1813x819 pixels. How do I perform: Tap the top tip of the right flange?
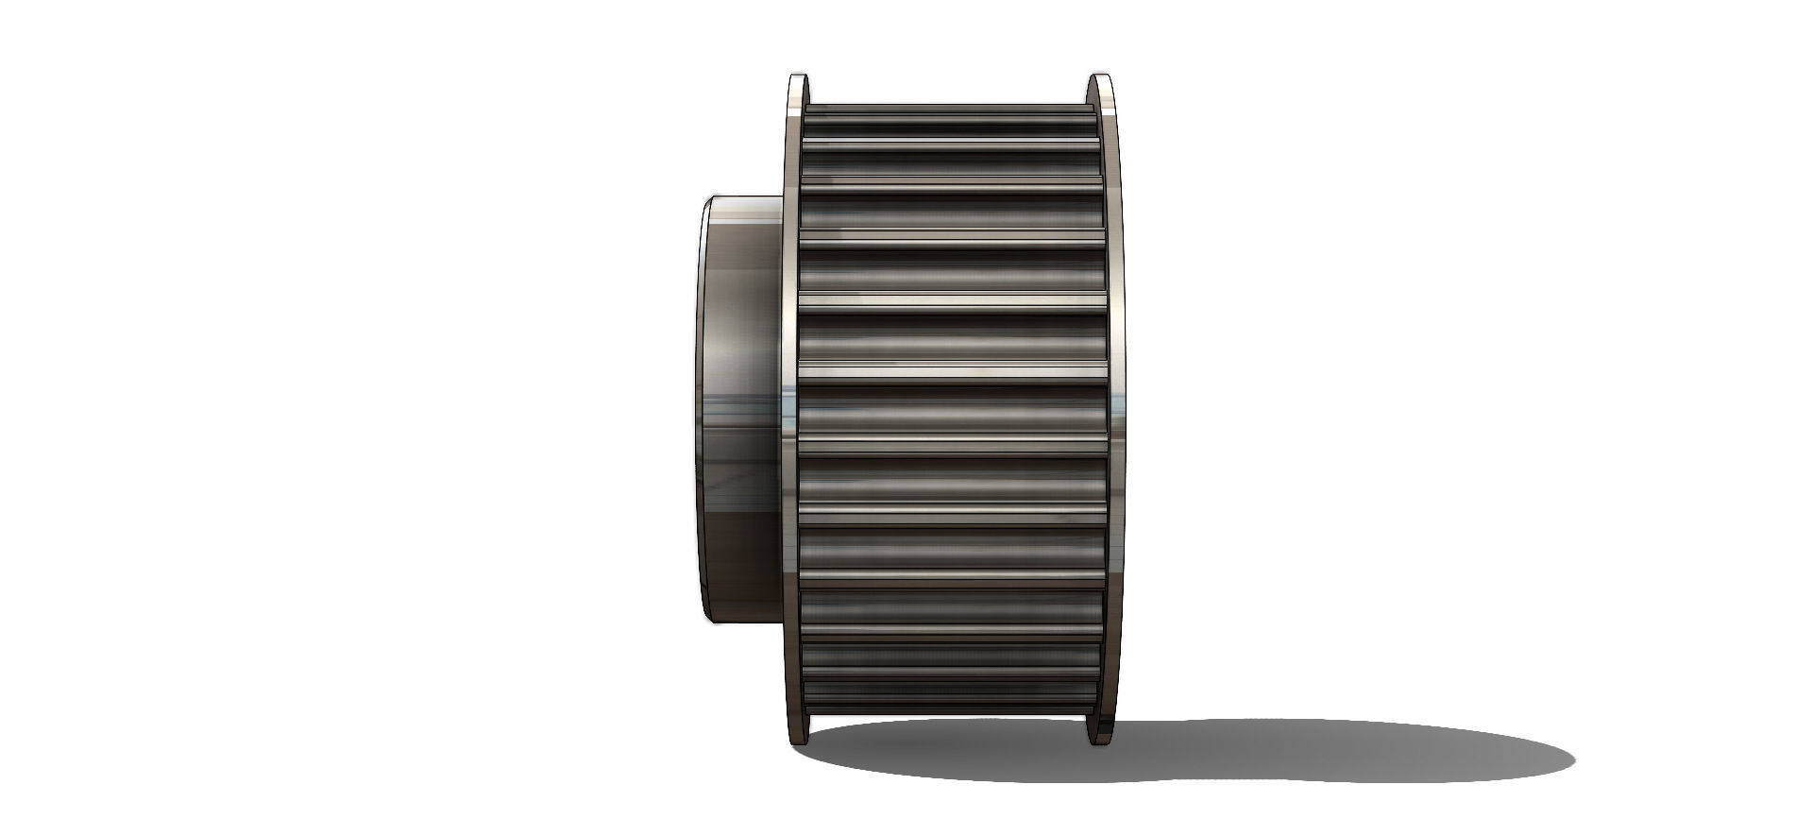(x=1098, y=77)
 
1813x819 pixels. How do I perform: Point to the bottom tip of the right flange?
(x=1098, y=742)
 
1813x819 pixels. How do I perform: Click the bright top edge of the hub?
(x=746, y=198)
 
